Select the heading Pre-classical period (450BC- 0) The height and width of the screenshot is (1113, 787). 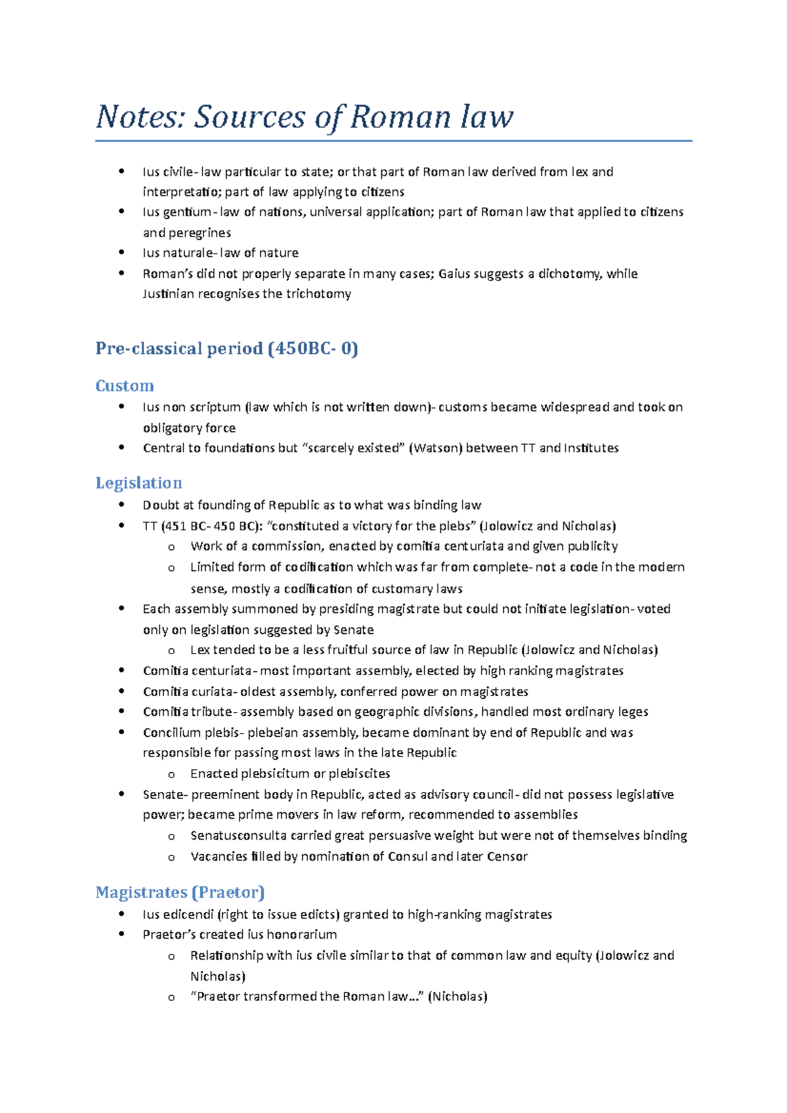[227, 348]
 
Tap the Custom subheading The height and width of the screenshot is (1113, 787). [125, 385]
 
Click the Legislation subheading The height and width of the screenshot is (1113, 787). [138, 483]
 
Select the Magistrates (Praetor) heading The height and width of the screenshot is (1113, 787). [180, 892]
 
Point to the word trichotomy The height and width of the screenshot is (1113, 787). [319, 294]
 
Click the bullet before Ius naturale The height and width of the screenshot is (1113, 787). [121, 252]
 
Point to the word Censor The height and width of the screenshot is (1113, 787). [507, 857]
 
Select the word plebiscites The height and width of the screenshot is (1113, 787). [359, 773]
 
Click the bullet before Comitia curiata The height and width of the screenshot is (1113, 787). [121, 691]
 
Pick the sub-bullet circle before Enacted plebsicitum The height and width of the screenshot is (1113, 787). [171, 774]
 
